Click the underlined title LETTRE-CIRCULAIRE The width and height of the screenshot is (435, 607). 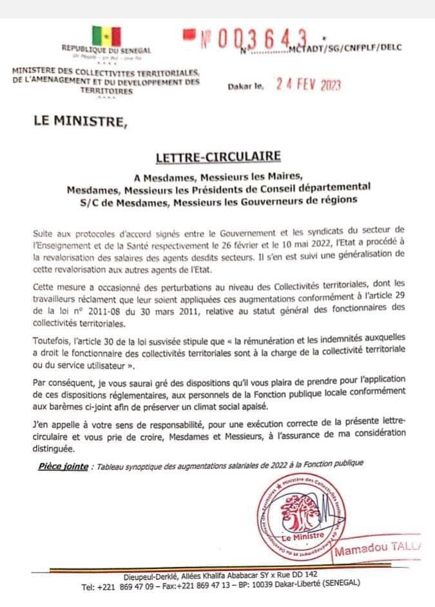point(217,157)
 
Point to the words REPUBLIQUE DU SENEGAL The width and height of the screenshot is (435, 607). point(106,50)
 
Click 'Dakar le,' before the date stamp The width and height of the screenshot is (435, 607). point(246,86)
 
